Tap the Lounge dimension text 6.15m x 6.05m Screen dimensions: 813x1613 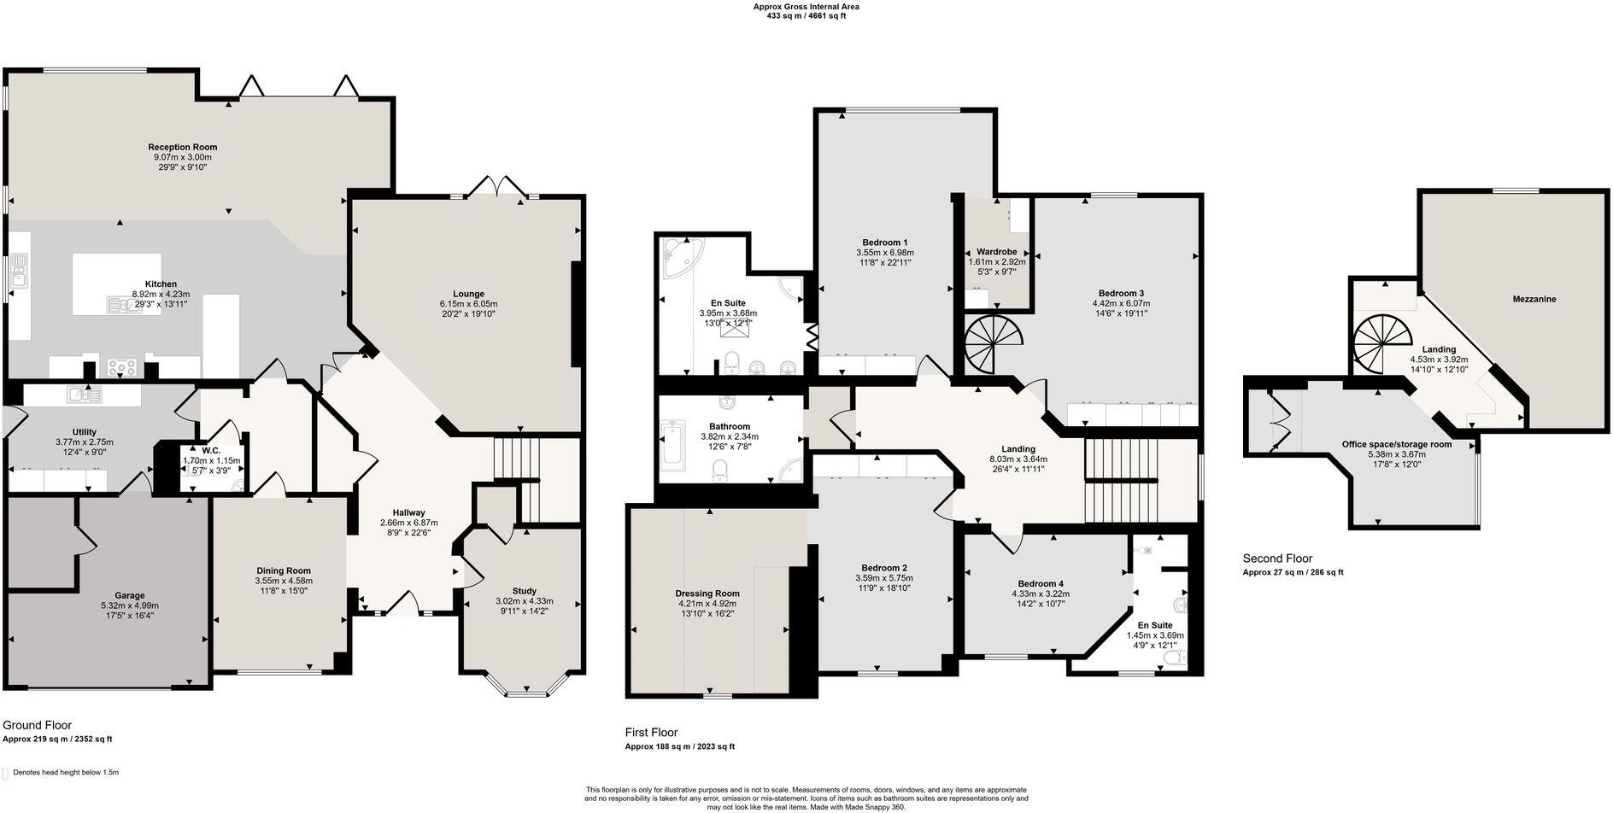468,304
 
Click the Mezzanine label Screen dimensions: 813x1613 1534,299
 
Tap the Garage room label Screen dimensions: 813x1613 130,595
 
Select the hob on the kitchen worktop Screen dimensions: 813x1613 122,368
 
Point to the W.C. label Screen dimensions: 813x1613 212,450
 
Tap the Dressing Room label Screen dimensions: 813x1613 707,594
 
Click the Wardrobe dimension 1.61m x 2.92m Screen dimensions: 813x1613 996,262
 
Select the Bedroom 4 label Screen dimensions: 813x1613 1040,583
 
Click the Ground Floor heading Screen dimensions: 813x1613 38,725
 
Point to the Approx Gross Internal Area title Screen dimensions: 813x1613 806,7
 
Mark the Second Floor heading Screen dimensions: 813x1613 1277,559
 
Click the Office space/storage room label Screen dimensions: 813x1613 1396,444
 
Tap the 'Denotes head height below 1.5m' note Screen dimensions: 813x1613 65,772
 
